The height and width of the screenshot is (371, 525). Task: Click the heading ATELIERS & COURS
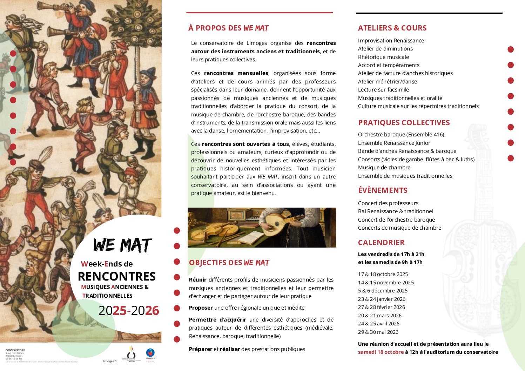[x=392, y=28]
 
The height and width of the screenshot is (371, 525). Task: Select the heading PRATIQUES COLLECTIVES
[x=404, y=123]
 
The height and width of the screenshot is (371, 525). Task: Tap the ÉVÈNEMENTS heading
[x=383, y=190]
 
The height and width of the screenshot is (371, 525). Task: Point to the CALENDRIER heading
[x=381, y=243]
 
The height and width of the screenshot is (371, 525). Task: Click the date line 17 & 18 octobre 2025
[x=383, y=274]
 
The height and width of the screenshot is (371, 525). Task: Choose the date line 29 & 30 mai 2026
[x=378, y=332]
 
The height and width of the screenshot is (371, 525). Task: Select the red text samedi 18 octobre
[x=381, y=352]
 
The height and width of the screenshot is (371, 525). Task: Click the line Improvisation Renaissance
[x=391, y=41]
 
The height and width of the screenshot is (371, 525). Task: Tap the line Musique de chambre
[x=384, y=168]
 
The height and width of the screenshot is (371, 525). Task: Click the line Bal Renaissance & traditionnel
[x=396, y=211]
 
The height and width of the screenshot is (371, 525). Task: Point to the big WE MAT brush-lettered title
[x=122, y=245]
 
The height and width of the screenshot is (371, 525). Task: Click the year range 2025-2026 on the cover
[x=128, y=311]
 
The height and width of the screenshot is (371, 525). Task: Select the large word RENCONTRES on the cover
[x=116, y=276]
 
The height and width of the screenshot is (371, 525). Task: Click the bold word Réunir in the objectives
[x=197, y=280]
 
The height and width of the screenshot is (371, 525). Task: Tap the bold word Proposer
[x=201, y=308]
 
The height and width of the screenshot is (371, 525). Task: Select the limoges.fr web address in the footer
[x=110, y=361]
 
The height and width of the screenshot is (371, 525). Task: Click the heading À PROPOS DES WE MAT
[x=228, y=28]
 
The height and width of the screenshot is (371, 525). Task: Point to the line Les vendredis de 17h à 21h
[x=391, y=254]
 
